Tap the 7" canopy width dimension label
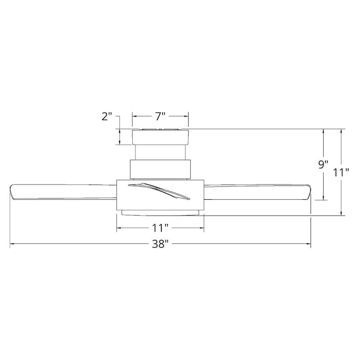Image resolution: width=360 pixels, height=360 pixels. (x=160, y=117)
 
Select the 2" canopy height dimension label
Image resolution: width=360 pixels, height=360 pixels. (x=107, y=117)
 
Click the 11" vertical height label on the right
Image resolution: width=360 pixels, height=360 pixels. (x=341, y=172)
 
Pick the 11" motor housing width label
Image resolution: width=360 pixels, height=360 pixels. (x=161, y=228)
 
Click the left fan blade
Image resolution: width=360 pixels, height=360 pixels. (x=63, y=192)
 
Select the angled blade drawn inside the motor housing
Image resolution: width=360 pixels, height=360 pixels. (x=159, y=191)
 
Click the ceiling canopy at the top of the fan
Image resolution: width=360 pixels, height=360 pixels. (x=160, y=137)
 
